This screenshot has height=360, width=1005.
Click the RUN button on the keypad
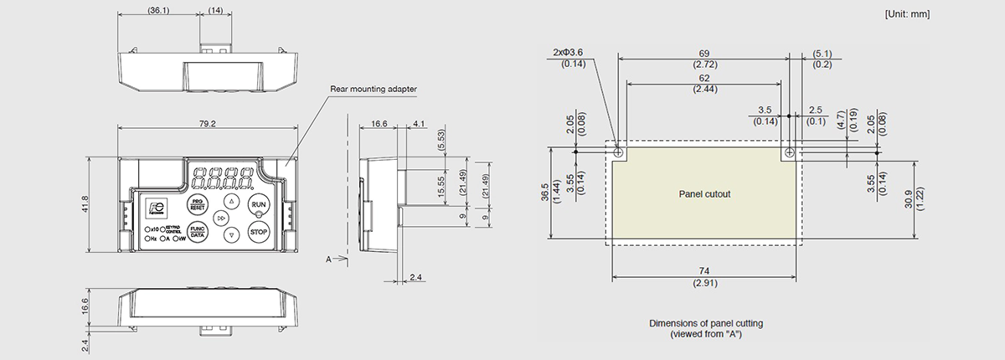(260, 204)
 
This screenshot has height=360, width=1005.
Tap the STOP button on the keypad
(260, 231)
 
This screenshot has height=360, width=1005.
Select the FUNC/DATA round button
(198, 232)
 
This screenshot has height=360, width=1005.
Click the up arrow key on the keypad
(232, 201)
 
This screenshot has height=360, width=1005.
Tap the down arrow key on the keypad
(232, 235)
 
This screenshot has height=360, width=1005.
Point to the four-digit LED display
(223, 177)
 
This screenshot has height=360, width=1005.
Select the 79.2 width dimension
(208, 124)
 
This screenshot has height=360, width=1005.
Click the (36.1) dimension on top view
(158, 11)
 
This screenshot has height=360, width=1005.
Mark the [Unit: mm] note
(907, 14)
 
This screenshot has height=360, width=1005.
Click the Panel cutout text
(704, 193)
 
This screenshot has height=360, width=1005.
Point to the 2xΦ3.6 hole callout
(574, 52)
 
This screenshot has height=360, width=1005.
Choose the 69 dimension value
(703, 53)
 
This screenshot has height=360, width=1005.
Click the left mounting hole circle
(618, 153)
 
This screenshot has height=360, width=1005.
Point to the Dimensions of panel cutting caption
(706, 323)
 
